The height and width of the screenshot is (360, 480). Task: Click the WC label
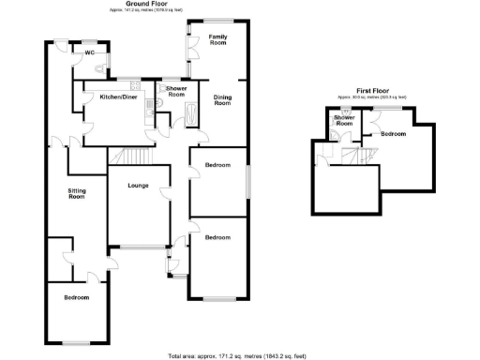click(91, 52)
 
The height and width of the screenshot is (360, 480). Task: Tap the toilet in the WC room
click(89, 44)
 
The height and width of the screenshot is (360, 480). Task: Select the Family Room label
click(218, 40)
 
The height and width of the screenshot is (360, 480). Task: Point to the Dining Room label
click(222, 99)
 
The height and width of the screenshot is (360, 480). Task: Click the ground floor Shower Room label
click(175, 92)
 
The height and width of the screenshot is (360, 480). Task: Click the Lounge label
click(139, 185)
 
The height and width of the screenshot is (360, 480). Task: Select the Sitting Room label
click(76, 195)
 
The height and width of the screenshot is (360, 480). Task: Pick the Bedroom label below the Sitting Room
click(76, 298)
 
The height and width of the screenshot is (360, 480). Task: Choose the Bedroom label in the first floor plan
click(394, 134)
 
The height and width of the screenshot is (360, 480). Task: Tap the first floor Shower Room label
click(344, 121)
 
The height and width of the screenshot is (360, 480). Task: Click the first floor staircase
click(349, 156)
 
